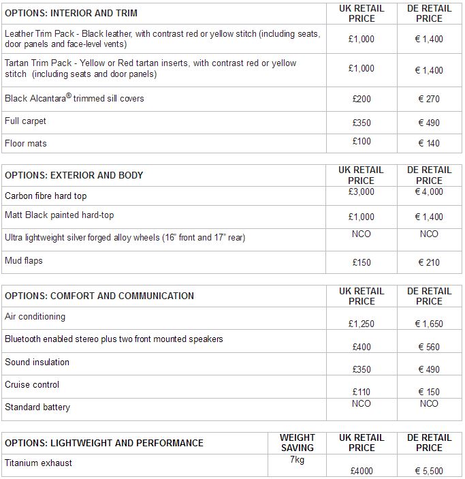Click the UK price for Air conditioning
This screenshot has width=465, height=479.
pos(362,324)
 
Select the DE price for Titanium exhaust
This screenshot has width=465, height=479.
pos(429,471)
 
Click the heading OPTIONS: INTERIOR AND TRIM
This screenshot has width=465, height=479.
pos(71,13)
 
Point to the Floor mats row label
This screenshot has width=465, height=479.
pos(26,143)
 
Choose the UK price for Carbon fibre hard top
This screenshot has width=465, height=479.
pos(362,192)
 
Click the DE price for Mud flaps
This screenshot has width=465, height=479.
pos(429,262)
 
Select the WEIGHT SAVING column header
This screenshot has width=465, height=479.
pos(298,443)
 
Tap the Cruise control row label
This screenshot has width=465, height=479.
pos(32,384)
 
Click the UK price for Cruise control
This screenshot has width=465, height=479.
pos(362,392)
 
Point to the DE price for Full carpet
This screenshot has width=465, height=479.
pos(429,123)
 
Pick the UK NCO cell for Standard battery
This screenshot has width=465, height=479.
pos(362,403)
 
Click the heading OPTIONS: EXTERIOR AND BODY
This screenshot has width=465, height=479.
pos(74,175)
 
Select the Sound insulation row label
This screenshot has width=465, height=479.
pos(37,362)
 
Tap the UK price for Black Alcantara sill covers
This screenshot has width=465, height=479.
pos(362,99)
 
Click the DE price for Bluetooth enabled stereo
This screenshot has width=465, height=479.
pos(429,347)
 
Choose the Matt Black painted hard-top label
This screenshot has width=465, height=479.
pos(59,215)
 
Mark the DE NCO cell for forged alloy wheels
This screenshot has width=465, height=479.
pos(429,234)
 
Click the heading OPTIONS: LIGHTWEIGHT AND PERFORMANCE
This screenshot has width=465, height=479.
pos(104,443)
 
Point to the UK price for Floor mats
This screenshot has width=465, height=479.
pos(362,141)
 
